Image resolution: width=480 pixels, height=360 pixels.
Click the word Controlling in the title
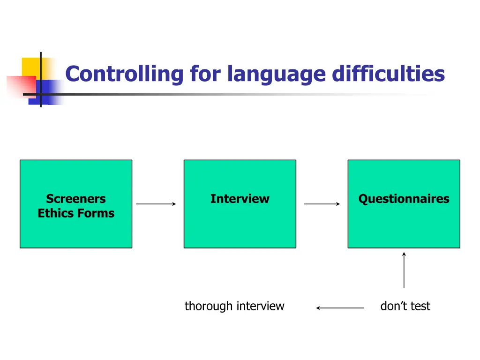click(x=124, y=74)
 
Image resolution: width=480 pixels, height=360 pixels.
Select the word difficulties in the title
click(x=389, y=74)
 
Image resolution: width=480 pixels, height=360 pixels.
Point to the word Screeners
click(x=76, y=199)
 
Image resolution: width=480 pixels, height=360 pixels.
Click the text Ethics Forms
click(x=76, y=213)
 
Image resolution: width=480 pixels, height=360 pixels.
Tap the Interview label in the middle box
click(x=240, y=199)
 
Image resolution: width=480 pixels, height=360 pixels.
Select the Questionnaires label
click(x=404, y=199)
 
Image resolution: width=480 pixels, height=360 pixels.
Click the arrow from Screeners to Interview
click(x=156, y=204)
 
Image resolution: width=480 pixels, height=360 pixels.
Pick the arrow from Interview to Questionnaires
click(x=322, y=204)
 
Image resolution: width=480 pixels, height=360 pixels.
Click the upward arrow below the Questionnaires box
click(x=404, y=270)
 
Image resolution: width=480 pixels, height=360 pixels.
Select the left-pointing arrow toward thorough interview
click(x=340, y=308)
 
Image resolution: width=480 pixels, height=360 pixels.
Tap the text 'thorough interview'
click(x=234, y=306)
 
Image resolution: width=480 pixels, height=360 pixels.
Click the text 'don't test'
click(x=405, y=306)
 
